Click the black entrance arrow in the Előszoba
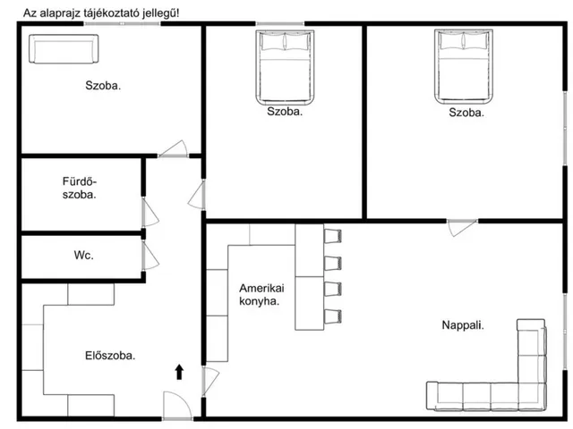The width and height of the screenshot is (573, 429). (x=179, y=372)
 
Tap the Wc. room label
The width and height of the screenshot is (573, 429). (x=83, y=255)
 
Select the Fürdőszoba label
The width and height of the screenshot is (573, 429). (x=80, y=188)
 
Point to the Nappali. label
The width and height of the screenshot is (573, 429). (x=463, y=325)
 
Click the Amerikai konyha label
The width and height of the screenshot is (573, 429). (x=261, y=295)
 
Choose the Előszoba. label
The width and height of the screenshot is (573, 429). (x=110, y=356)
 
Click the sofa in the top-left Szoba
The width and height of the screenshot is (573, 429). (x=64, y=49)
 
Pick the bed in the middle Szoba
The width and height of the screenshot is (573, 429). (x=285, y=68)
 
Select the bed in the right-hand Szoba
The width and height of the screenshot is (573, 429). (x=464, y=68)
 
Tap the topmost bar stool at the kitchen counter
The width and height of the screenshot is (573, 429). (x=332, y=236)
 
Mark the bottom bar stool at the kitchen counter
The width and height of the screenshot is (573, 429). (x=332, y=316)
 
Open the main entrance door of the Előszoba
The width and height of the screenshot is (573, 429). (x=177, y=406)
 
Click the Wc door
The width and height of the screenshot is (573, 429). (x=150, y=257)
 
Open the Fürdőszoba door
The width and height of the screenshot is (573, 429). (x=150, y=213)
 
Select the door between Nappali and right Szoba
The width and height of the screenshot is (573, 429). (x=462, y=228)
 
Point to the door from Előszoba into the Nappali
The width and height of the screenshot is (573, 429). (x=210, y=382)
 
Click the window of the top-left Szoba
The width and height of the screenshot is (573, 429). (x=122, y=24)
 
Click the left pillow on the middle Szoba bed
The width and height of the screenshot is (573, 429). (x=272, y=41)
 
